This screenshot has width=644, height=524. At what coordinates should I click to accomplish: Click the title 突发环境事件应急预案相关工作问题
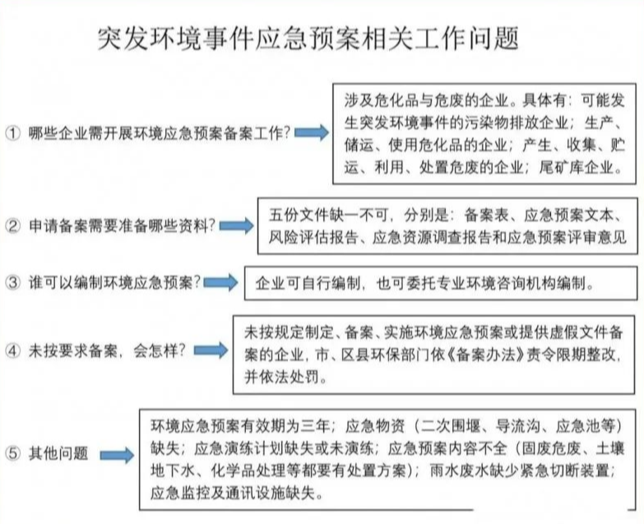tap(308, 39)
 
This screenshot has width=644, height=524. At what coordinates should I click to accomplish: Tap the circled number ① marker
tap(12, 132)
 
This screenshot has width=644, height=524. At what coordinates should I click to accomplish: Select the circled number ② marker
tap(12, 225)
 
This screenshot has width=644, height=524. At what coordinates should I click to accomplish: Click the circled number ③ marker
tap(12, 282)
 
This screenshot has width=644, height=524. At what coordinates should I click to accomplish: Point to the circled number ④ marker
tap(12, 350)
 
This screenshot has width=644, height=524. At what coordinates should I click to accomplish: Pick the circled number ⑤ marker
tap(12, 453)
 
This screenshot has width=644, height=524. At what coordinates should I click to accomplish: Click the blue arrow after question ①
tap(312, 132)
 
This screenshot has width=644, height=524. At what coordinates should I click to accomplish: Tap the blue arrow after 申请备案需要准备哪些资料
tap(237, 226)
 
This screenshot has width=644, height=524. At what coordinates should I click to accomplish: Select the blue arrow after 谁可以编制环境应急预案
tap(221, 282)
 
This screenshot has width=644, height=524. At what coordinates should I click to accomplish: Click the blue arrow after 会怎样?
tap(211, 350)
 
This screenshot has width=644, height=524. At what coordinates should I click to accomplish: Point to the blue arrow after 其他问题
tap(118, 455)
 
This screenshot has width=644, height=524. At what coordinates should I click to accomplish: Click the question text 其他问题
tap(58, 453)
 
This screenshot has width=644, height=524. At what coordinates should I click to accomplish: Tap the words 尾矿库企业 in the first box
tap(577, 167)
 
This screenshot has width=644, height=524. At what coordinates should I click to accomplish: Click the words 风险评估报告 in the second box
tap(313, 238)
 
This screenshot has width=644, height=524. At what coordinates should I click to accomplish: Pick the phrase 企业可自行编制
tap(308, 283)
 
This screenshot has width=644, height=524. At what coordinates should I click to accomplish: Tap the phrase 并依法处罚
tap(281, 377)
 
